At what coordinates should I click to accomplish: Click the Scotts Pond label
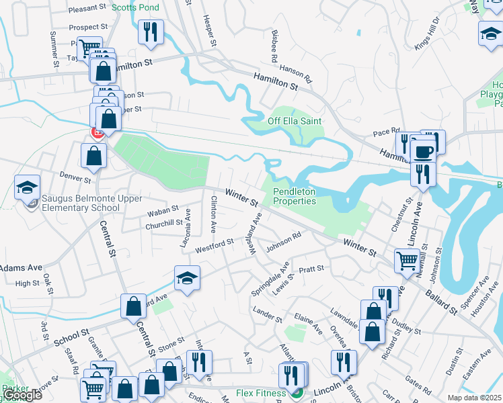(x=135, y=7)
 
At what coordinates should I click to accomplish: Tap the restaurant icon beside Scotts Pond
(x=149, y=32)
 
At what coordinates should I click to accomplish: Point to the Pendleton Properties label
(x=295, y=196)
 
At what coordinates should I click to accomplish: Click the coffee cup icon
(x=423, y=151)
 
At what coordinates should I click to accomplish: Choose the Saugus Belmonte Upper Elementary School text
(x=82, y=204)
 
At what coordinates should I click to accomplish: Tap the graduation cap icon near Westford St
(x=187, y=278)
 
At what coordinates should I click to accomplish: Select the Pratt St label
(x=311, y=269)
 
